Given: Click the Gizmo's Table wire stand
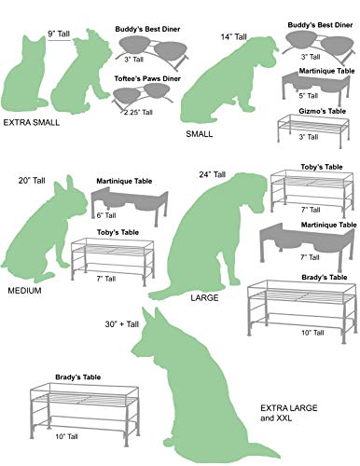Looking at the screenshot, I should tap(316, 125).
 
